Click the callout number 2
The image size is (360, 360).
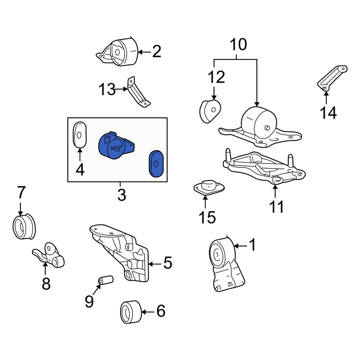click(x=157, y=51)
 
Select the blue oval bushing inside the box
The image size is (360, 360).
click(x=156, y=164)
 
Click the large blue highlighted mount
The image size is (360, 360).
click(x=116, y=145)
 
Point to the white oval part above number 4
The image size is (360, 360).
click(x=80, y=134)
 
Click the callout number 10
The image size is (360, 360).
click(x=239, y=44)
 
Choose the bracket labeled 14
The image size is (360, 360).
click(x=332, y=78)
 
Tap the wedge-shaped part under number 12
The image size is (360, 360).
click(x=210, y=111)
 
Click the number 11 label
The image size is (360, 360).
click(x=276, y=207)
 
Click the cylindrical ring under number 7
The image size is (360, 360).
click(x=24, y=226)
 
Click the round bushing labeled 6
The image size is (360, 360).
click(x=131, y=312)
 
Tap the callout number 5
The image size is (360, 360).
click(x=168, y=263)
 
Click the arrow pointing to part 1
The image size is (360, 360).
click(x=240, y=246)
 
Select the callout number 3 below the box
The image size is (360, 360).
click(x=122, y=195)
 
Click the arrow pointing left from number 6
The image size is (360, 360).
click(x=148, y=312)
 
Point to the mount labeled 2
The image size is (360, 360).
click(x=117, y=52)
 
